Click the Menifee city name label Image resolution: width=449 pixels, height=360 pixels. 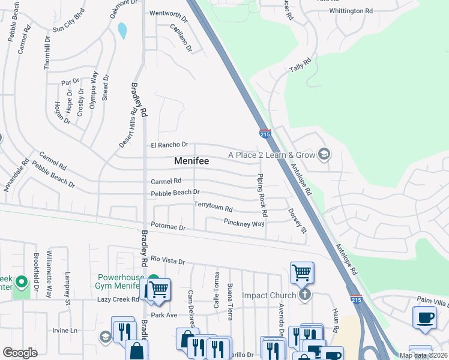point(191,161)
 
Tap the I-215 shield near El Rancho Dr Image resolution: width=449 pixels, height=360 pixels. point(265,134)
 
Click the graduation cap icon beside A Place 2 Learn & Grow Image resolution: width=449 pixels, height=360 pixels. point(324,155)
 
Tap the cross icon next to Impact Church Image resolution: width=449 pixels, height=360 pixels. point(305,295)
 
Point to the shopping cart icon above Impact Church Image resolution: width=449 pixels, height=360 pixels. point(301,272)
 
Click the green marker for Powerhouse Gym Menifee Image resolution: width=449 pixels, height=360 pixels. point(154,280)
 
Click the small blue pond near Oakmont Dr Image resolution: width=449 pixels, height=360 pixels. point(122,30)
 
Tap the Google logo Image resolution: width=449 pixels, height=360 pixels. point(20,352)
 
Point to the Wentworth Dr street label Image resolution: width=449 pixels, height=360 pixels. point(169,13)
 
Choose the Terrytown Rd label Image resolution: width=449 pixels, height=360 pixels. point(213,206)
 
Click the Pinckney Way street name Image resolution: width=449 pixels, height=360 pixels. point(244,223)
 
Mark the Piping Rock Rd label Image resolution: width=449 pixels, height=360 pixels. point(261,196)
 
